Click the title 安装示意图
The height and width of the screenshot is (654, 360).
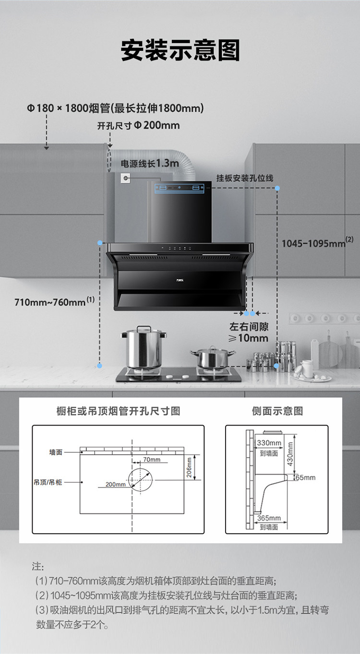click(x=180, y=50)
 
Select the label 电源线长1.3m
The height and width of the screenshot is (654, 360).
click(x=149, y=163)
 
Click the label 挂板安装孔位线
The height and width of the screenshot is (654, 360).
click(x=245, y=178)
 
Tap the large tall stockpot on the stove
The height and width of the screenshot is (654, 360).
click(x=144, y=348)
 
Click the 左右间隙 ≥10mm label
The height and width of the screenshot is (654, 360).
click(x=249, y=332)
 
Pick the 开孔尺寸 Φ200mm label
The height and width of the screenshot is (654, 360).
click(x=138, y=126)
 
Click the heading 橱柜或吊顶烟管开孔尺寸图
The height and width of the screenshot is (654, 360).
click(x=118, y=411)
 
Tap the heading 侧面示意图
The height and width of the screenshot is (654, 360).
click(x=277, y=411)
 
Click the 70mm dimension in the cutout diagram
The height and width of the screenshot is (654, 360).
click(x=152, y=460)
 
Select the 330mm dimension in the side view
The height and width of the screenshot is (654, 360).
click(x=269, y=442)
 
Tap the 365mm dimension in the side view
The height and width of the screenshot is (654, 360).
click(x=269, y=518)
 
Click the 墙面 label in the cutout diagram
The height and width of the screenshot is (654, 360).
click(x=56, y=452)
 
